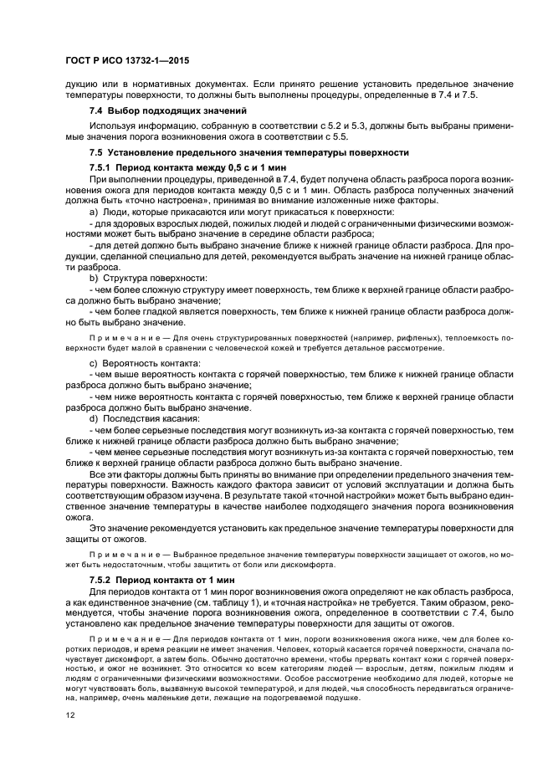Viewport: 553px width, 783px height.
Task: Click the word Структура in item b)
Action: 125,278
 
